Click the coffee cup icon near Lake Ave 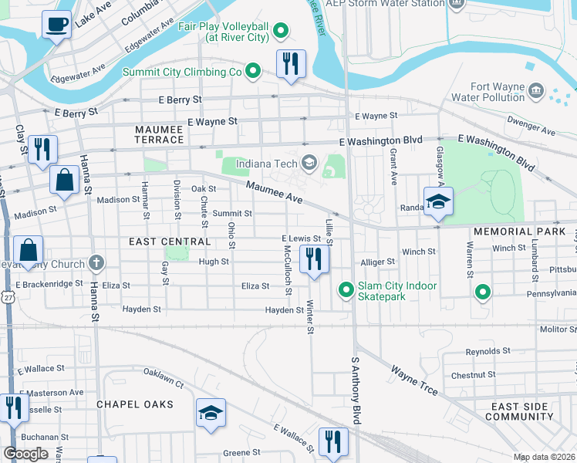56,25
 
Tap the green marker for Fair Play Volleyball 281,31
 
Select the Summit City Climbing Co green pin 252,72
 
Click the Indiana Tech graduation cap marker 309,161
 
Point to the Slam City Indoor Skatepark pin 346,290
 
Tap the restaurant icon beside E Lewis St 313,259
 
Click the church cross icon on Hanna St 96,264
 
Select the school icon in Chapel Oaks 210,413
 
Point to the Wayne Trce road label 414,381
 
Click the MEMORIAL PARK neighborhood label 514,231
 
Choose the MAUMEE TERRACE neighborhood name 159,134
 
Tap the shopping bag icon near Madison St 65,180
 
